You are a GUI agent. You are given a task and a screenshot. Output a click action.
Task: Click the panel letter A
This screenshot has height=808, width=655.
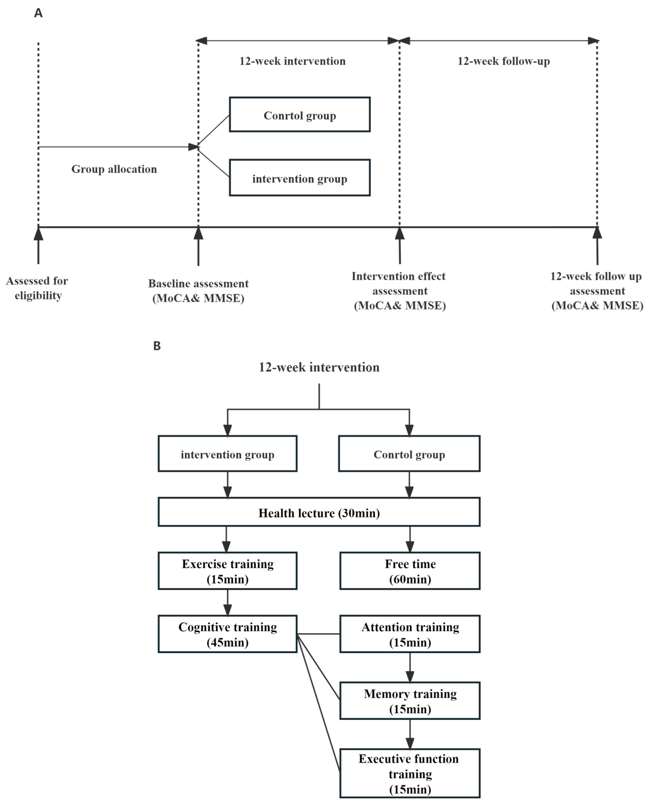click(x=38, y=13)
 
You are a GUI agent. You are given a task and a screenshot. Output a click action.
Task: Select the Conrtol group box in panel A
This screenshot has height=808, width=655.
click(x=300, y=115)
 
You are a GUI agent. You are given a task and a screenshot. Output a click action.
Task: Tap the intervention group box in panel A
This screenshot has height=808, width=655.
click(x=300, y=178)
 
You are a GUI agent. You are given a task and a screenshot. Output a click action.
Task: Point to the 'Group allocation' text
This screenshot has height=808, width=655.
click(x=114, y=169)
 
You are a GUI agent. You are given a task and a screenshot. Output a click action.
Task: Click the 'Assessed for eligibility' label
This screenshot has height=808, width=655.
click(x=37, y=288)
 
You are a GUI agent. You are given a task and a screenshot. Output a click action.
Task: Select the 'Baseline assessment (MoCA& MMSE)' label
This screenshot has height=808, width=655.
click(x=198, y=291)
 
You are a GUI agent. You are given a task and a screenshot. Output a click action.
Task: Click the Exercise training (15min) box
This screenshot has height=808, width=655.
click(x=227, y=571)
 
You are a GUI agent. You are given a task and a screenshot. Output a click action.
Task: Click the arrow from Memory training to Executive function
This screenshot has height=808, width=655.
click(x=410, y=734)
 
